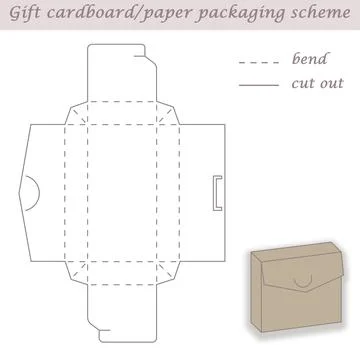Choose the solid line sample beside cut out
pyautogui.click(x=258, y=87)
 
